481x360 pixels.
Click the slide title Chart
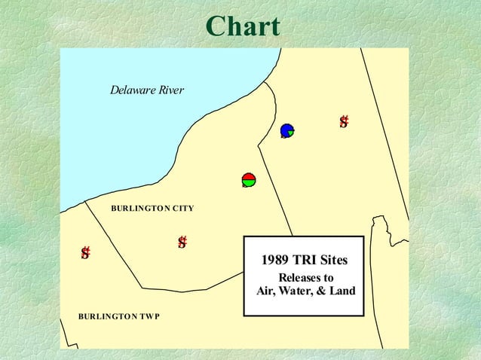(x=242, y=27)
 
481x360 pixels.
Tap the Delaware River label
(x=147, y=90)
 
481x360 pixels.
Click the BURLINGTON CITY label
(x=152, y=207)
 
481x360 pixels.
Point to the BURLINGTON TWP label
(x=118, y=316)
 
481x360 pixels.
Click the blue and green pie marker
(x=286, y=130)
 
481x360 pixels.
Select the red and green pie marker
(x=249, y=179)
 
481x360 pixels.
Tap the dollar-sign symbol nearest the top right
(x=344, y=122)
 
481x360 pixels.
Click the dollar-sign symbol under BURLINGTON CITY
(x=182, y=242)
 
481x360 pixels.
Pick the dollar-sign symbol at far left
(x=86, y=253)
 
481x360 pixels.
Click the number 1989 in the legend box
(x=274, y=261)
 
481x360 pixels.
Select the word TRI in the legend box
(x=304, y=261)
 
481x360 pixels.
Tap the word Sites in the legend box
(x=333, y=261)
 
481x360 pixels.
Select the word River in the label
(x=170, y=90)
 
